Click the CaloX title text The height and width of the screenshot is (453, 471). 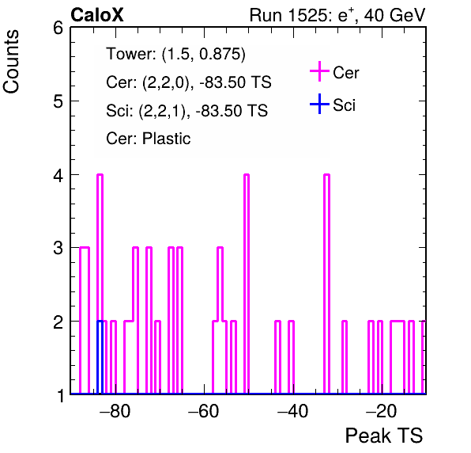(97, 15)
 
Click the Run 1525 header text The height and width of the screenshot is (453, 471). (337, 15)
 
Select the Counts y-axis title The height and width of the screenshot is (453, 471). (11, 62)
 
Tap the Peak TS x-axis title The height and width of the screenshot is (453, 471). (384, 436)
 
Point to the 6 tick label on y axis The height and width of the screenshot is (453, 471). (58, 29)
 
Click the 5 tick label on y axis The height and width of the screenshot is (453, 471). (58, 101)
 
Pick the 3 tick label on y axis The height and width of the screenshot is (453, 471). (58, 248)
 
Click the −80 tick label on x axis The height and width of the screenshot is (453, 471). (115, 410)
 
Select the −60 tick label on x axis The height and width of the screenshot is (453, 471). (204, 410)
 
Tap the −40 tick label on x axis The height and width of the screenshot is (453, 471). (292, 410)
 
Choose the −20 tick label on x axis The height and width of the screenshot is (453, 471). (382, 410)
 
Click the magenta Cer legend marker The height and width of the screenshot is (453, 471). (319, 71)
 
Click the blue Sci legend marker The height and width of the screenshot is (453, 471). (319, 105)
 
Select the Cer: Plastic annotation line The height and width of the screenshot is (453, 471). (149, 139)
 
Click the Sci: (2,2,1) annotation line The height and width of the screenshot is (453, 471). (187, 111)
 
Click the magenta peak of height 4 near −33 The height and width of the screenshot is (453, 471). (327, 174)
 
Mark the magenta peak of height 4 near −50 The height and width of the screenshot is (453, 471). (247, 174)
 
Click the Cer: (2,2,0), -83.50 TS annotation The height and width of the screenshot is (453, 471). (189, 82)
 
